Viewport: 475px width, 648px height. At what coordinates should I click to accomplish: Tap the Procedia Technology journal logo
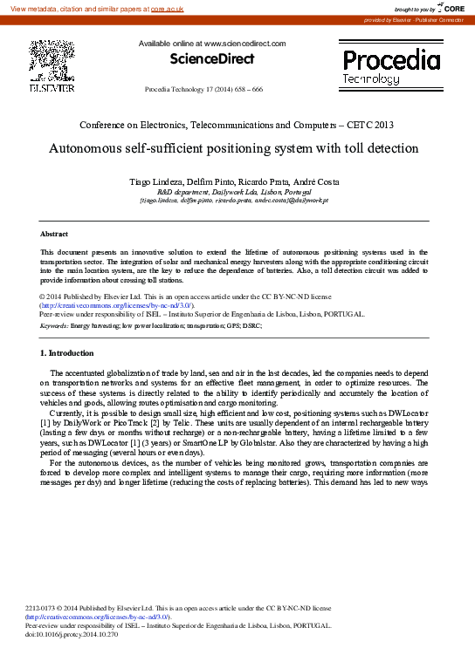390,66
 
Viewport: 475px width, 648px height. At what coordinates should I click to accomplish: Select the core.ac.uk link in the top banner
168,8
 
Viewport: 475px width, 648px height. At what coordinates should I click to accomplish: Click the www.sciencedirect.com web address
245,43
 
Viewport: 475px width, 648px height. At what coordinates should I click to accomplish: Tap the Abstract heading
54,235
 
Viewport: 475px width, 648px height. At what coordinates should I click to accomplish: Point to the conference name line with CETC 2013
237,126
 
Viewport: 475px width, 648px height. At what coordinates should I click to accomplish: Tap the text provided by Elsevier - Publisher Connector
414,19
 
